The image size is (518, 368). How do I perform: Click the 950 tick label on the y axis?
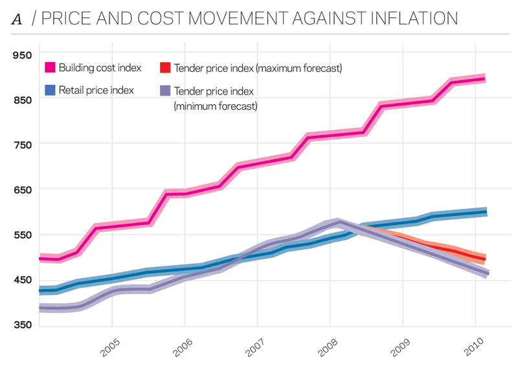[22, 55]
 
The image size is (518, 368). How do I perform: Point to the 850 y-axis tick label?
[22, 100]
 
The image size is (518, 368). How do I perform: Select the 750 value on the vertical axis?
[22, 144]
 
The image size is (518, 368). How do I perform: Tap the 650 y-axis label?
[22, 189]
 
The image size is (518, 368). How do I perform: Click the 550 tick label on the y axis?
[22, 234]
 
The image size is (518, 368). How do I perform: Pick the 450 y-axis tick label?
[22, 279]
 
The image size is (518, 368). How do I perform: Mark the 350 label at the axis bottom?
[22, 324]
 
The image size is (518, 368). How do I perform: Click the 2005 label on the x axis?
[111, 348]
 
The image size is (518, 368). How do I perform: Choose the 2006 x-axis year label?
[184, 348]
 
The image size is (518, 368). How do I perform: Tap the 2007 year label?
[256, 348]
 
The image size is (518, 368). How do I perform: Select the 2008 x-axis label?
[329, 348]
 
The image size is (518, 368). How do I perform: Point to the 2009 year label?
[401, 348]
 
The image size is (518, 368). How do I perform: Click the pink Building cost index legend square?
[50, 68]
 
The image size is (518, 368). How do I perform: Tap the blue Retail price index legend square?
[50, 91]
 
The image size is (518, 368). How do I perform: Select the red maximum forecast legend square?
[164, 68]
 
